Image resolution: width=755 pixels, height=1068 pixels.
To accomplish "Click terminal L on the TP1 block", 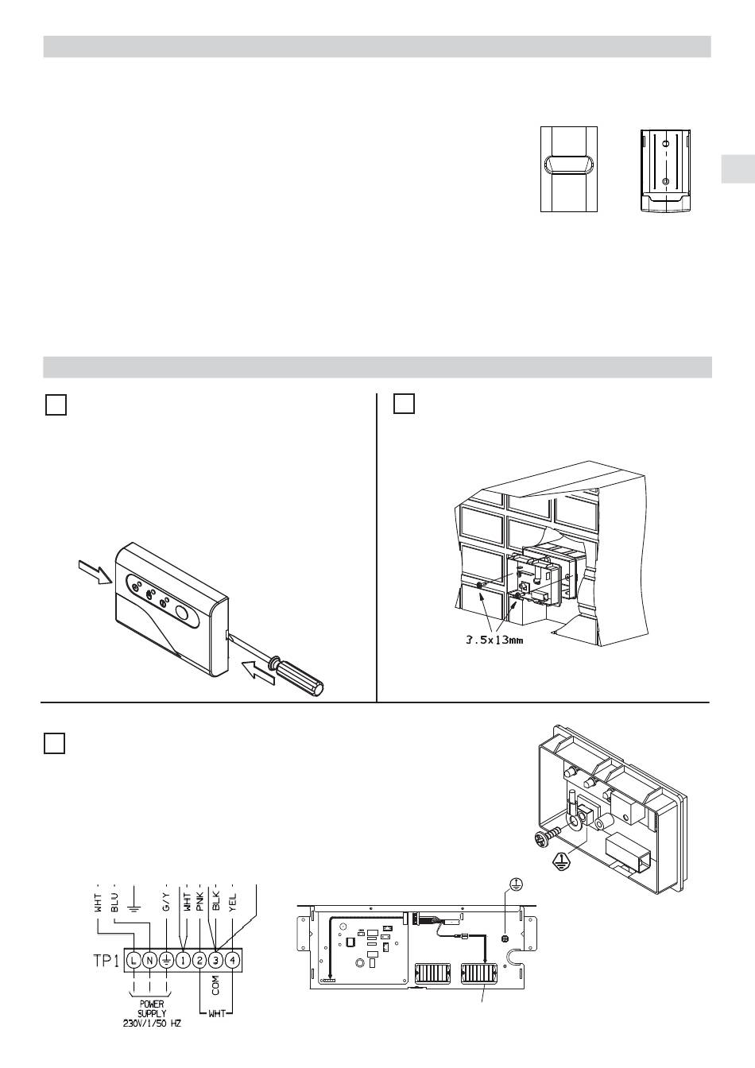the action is point(134,960).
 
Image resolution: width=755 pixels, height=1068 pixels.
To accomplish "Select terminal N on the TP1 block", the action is point(149,960).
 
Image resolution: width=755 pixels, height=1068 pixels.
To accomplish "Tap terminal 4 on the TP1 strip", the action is point(232,960).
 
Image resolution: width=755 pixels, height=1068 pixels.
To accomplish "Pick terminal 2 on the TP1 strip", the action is point(199,960).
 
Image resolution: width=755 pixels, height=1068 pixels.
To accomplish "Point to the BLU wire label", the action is point(114,903).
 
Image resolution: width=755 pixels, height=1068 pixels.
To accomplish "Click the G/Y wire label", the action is point(166,903).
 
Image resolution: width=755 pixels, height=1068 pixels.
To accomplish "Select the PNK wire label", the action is point(199,902).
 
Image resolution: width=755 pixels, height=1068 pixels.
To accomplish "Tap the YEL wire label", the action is point(232,903).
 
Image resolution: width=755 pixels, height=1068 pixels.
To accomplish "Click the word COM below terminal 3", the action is point(215,985).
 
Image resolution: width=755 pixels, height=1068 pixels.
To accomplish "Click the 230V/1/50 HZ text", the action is point(152,1023).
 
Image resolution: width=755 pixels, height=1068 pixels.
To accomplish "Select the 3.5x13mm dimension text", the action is point(494,640).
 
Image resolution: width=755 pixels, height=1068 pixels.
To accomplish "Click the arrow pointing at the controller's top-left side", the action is point(95,571).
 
